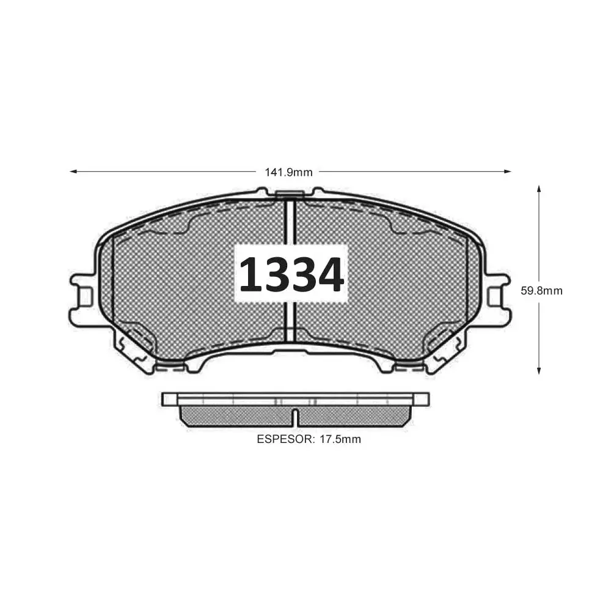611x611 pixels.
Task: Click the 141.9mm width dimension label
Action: tap(288, 172)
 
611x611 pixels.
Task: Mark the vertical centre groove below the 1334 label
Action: tap(291, 324)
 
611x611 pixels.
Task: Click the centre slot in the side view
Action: tap(295, 417)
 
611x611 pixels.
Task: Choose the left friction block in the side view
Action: tap(235, 417)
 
